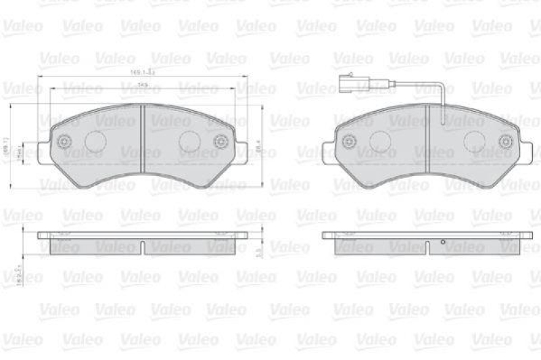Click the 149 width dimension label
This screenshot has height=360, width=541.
pos(143,85)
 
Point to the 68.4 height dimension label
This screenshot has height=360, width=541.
pos(256,144)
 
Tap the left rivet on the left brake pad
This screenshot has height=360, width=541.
pos(65,142)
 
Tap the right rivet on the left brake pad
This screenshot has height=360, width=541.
pos(220,142)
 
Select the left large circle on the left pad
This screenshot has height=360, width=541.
pos(95,141)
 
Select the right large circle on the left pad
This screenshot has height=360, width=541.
pos(189,141)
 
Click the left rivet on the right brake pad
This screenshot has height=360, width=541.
pos(350,141)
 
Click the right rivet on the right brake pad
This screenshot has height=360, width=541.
pos(505,141)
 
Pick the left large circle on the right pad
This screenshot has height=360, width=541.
pos(381,141)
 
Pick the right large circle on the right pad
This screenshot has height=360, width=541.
pos(474,141)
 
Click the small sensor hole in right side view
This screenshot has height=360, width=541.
pos(442,242)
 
